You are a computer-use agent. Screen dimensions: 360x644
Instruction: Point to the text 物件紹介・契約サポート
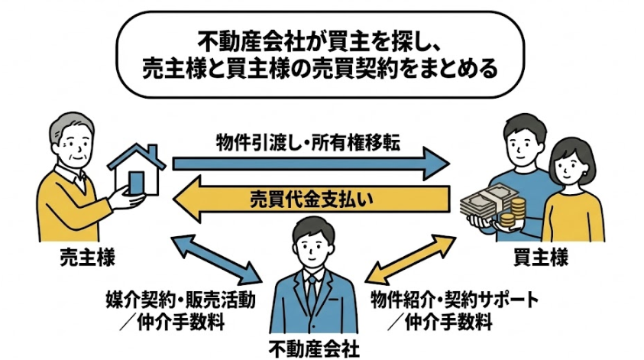[x=454, y=299]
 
